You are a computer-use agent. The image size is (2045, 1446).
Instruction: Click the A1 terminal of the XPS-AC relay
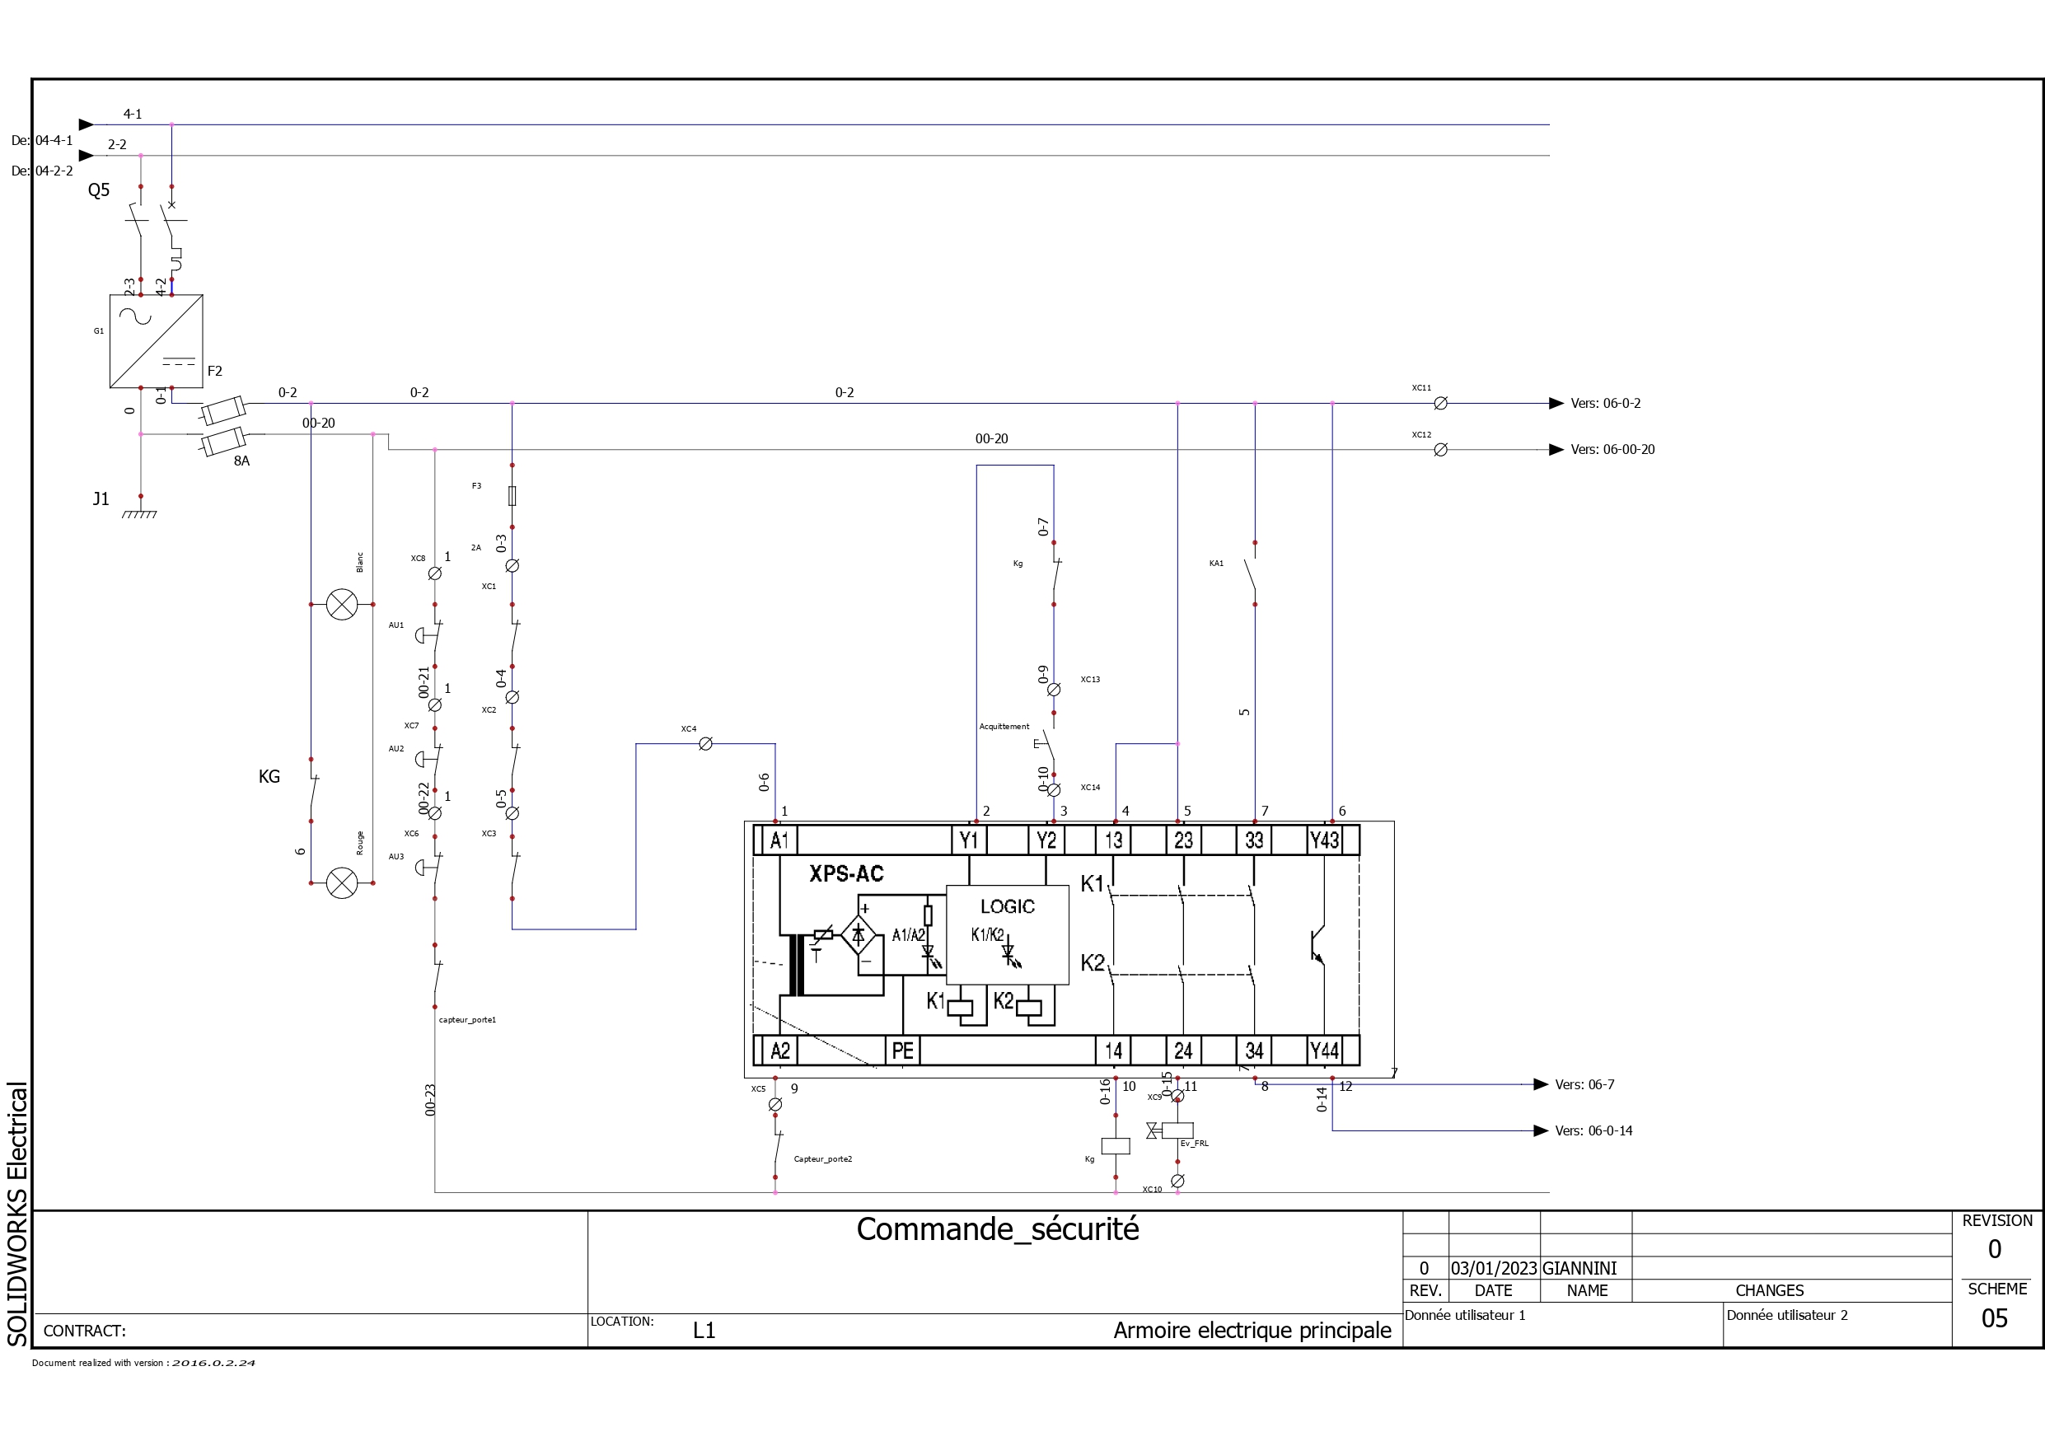(x=779, y=840)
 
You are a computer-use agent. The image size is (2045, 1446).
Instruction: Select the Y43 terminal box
(x=1324, y=840)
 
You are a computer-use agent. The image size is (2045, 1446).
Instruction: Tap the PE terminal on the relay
(x=902, y=1051)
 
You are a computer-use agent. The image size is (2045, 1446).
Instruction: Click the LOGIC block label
(x=1008, y=907)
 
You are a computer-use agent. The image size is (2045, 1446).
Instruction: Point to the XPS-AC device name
(x=846, y=874)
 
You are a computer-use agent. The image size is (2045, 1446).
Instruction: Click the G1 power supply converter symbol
(x=156, y=341)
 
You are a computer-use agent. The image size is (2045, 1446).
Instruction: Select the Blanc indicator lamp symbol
(x=342, y=605)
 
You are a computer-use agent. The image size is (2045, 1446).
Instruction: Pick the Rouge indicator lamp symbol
(x=342, y=883)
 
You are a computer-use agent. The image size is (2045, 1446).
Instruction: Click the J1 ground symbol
(x=140, y=512)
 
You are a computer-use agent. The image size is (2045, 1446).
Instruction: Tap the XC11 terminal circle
(x=1440, y=404)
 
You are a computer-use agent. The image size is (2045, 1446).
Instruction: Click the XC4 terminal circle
(x=705, y=744)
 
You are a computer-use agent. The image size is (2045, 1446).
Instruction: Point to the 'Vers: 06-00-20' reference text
(x=1612, y=450)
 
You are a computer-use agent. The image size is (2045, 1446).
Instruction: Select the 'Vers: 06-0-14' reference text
(x=1593, y=1130)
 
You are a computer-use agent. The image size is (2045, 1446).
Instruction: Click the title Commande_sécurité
(x=998, y=1229)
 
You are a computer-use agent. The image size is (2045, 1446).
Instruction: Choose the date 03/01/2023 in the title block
(x=1494, y=1269)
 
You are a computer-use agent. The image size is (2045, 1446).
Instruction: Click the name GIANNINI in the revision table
(x=1579, y=1269)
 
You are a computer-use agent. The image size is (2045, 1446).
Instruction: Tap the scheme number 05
(x=1994, y=1318)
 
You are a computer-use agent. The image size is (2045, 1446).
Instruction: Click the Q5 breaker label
(x=99, y=190)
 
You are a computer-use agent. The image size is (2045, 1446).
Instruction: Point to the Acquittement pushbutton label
(x=1004, y=727)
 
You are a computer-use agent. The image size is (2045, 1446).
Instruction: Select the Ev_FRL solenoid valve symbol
(x=1177, y=1130)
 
